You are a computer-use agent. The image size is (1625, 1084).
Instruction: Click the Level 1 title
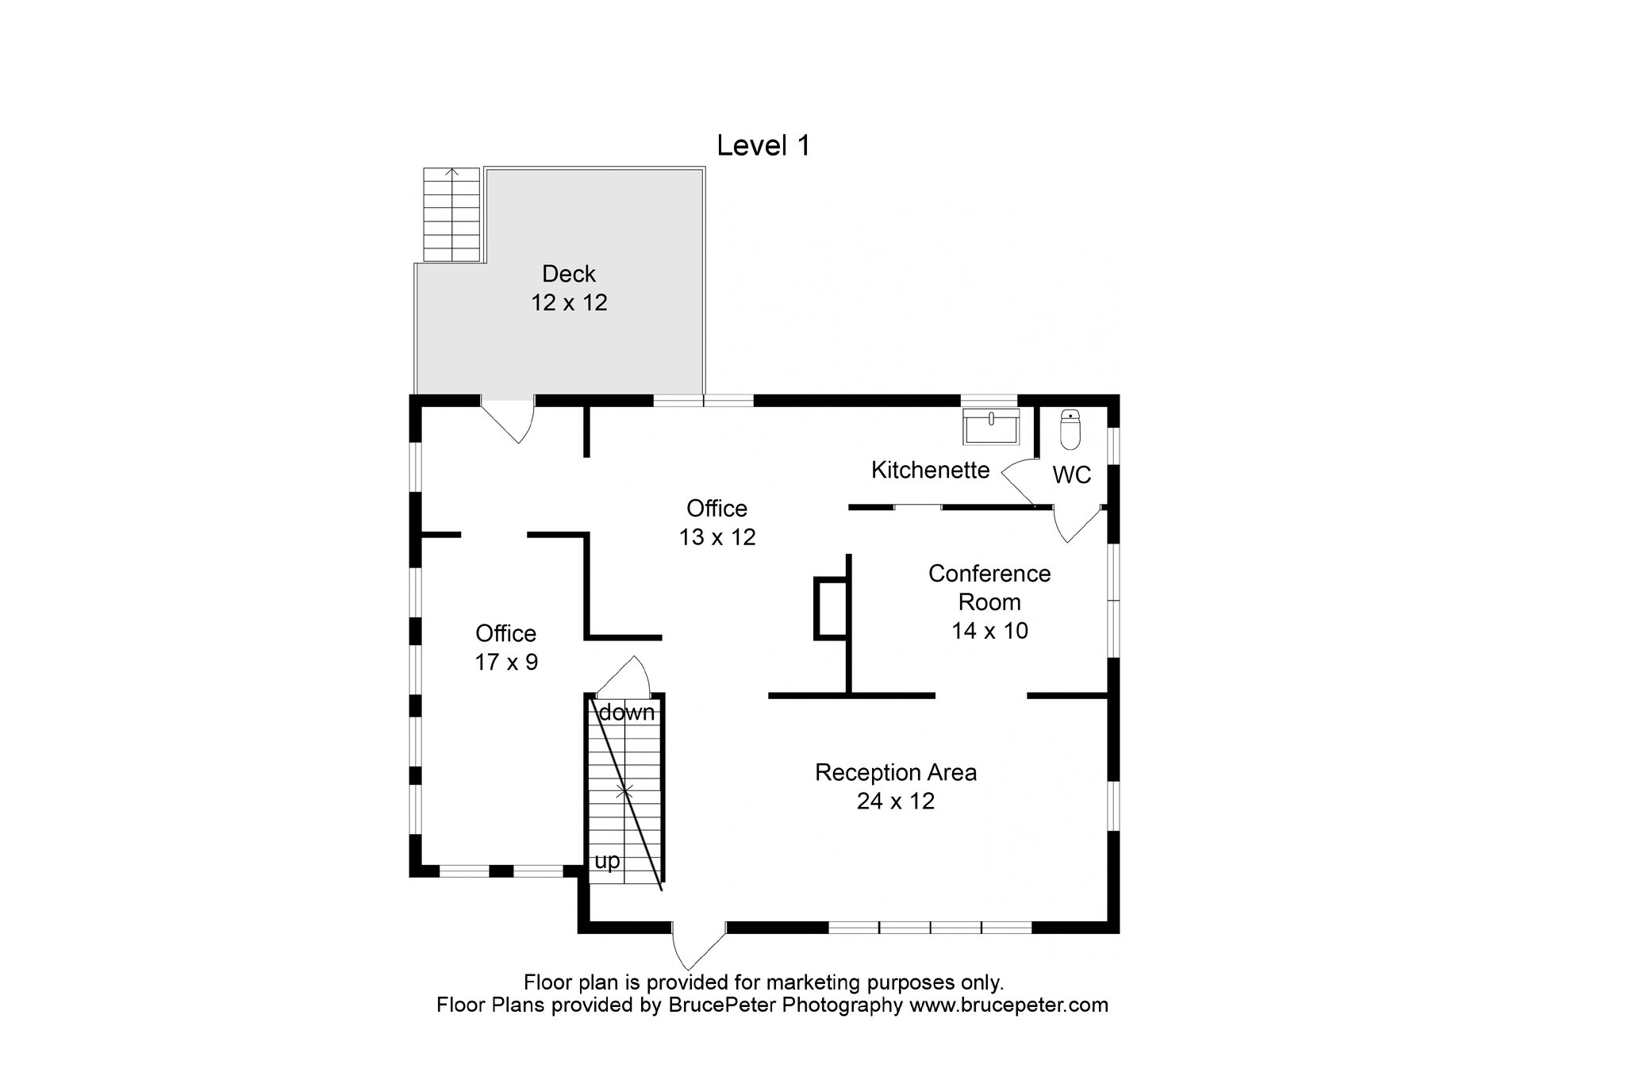763,146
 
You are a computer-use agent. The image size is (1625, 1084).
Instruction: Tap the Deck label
569,274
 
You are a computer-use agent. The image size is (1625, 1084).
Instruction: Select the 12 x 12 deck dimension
569,302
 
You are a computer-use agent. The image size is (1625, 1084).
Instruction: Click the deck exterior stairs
451,214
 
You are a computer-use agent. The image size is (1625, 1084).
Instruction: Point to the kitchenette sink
991,427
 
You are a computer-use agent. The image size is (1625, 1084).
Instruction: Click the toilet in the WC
1070,429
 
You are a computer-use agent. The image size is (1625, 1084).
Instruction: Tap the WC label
1071,475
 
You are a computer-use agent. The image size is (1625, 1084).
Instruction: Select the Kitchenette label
930,470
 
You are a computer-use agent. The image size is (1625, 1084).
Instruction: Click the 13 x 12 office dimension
717,537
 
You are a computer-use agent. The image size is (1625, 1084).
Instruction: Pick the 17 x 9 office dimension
506,662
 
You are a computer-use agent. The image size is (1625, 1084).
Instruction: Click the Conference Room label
989,587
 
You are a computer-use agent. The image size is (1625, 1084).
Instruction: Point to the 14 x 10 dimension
989,631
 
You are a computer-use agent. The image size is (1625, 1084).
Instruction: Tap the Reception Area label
896,772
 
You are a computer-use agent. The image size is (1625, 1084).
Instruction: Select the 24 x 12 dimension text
896,801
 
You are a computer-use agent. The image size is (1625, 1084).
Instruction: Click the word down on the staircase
627,713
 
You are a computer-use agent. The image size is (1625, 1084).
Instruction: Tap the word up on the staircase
607,861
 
